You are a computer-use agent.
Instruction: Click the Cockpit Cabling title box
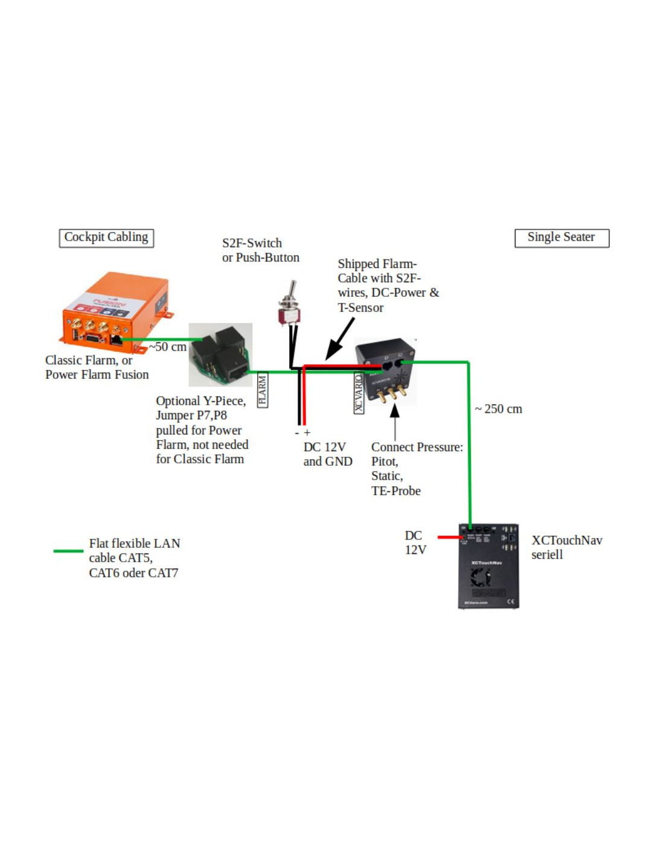tap(106, 238)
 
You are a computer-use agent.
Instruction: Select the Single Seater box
tap(561, 238)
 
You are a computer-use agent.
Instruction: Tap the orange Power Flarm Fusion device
tap(115, 313)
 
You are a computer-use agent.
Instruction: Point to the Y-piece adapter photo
tap(220, 355)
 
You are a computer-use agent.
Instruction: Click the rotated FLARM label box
tap(263, 390)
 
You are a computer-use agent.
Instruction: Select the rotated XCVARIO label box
tap(359, 393)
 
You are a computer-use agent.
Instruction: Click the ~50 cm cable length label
tap(168, 347)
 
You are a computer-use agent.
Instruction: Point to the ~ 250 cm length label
tap(499, 409)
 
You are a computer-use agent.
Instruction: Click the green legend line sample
tap(68, 551)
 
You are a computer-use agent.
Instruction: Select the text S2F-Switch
tap(252, 243)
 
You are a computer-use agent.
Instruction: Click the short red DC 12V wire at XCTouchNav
tap(450, 537)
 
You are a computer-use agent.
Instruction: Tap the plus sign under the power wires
tap(307, 433)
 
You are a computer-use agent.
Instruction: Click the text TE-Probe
tap(396, 491)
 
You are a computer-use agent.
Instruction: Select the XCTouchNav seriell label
tap(566, 547)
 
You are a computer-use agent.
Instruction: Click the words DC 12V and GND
tap(327, 454)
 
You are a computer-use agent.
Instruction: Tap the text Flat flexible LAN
tap(135, 544)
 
